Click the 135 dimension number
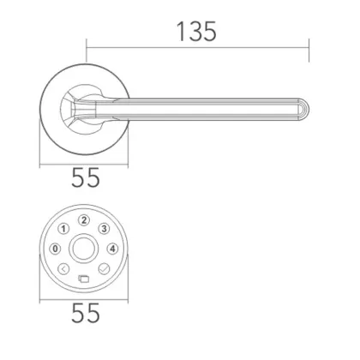point(195,32)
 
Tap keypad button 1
point(64,229)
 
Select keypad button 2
point(83,221)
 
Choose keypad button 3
point(102,229)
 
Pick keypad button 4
point(112,249)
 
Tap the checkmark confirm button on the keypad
point(105,268)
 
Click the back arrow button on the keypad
point(63,268)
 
